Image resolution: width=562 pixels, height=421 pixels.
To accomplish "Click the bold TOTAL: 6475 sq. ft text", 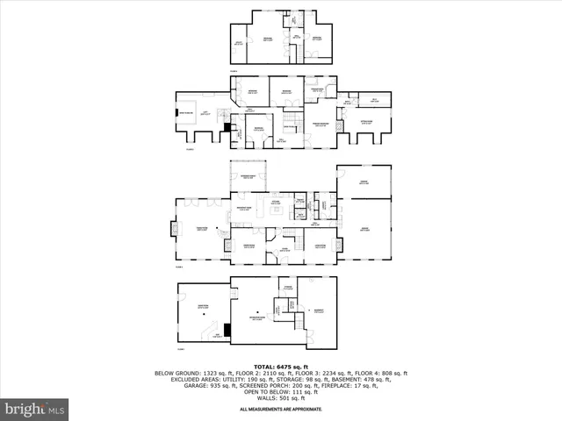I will click(x=281, y=366).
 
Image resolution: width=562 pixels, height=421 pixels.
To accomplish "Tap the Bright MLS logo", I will click(x=35, y=408).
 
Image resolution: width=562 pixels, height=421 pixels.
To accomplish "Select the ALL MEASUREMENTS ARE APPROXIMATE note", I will click(x=281, y=409).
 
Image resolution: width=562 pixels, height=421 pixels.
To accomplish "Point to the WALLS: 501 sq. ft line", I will click(x=281, y=400).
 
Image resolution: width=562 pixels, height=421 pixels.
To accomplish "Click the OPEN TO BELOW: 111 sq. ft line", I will click(x=281, y=392).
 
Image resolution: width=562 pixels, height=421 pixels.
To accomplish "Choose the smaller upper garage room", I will click(x=364, y=182).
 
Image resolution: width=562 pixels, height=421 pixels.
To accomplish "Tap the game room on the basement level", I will click(x=203, y=309).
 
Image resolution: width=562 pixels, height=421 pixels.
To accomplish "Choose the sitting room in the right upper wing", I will click(x=367, y=124).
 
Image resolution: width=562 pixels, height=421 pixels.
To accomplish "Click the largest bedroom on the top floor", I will click(x=266, y=39).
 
